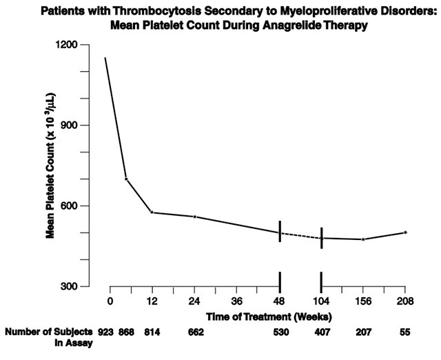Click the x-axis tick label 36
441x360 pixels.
[237, 301]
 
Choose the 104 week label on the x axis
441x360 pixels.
[321, 301]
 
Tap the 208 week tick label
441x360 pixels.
[405, 301]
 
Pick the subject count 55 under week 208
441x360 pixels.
[405, 332]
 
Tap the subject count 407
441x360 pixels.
[321, 332]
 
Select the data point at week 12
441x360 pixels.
[152, 212]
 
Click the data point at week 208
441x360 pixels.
[405, 232]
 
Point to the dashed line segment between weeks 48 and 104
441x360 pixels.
[300, 236]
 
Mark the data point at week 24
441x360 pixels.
[195, 217]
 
